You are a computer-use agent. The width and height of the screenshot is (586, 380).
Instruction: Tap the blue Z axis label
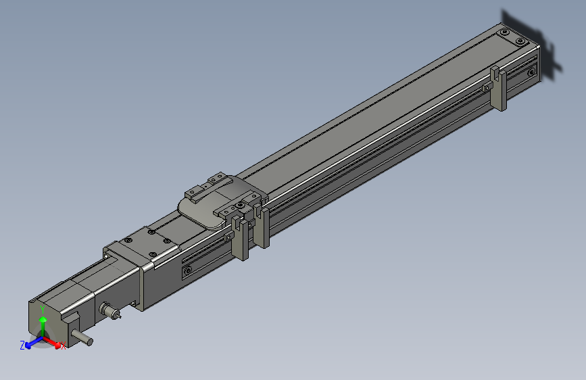point(22,345)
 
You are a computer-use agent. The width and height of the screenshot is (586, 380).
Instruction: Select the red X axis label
point(63,346)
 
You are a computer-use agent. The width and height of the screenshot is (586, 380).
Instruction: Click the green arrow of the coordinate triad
point(43,323)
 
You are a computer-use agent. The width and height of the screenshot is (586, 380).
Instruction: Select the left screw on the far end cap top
point(504,32)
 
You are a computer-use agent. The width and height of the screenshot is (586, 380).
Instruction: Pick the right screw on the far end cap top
point(520,41)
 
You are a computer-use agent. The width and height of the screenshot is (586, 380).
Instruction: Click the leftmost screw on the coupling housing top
point(128,241)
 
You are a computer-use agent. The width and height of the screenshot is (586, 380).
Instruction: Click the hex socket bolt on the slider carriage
point(238,205)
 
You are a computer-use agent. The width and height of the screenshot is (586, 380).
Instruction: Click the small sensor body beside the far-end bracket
point(487,88)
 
